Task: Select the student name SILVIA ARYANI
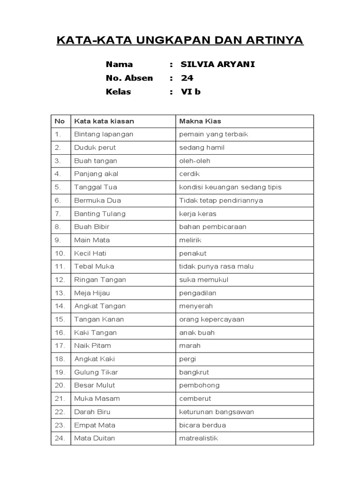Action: coord(218,64)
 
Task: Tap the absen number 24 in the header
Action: coord(187,78)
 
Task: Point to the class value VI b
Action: coord(191,91)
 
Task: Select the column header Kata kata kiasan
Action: coord(104,121)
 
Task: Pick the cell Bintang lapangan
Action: coord(104,134)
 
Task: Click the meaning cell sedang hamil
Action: coord(202,147)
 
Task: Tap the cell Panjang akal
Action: coord(96,174)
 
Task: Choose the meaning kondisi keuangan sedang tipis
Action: coord(230,187)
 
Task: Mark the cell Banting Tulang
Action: coord(100,214)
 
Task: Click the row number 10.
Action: coord(60,253)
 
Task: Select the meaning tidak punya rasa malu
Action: coord(216,266)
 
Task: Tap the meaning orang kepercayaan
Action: coord(211,319)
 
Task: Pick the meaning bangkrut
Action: coord(194,372)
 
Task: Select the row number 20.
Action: coord(60,385)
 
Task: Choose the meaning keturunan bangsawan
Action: coord(217,412)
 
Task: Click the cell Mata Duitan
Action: coord(94,438)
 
